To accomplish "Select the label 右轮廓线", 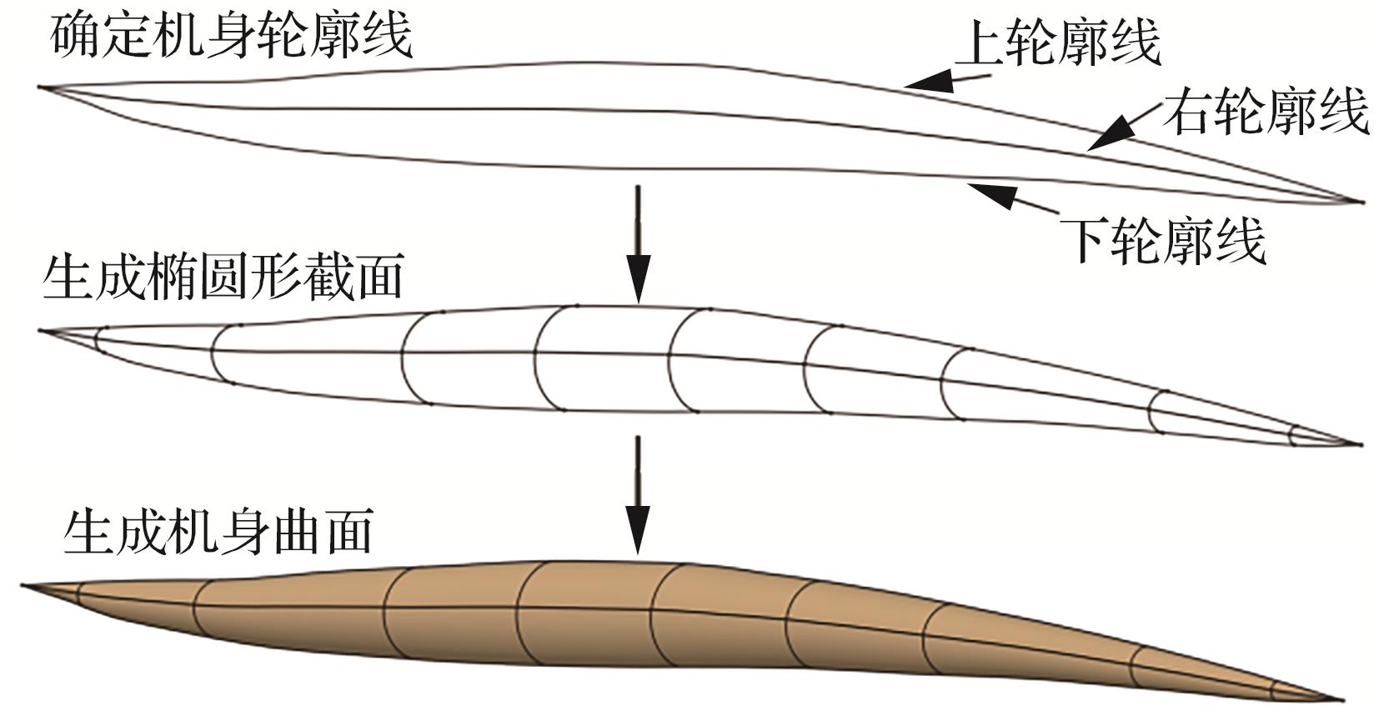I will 1266,112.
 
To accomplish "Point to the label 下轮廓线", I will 1162,241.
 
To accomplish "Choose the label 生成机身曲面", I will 218,531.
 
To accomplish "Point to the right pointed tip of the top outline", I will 1359,202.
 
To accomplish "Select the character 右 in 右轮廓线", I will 1187,112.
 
